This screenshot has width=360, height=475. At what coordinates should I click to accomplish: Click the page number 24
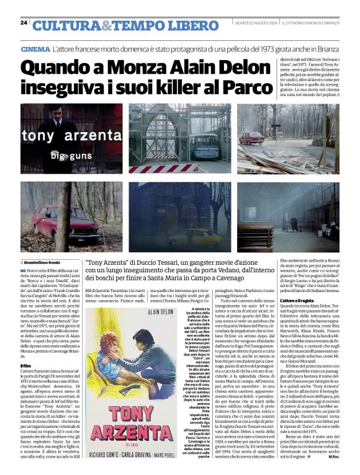(x=24, y=23)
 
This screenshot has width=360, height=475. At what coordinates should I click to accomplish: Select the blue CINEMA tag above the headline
(x=35, y=49)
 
